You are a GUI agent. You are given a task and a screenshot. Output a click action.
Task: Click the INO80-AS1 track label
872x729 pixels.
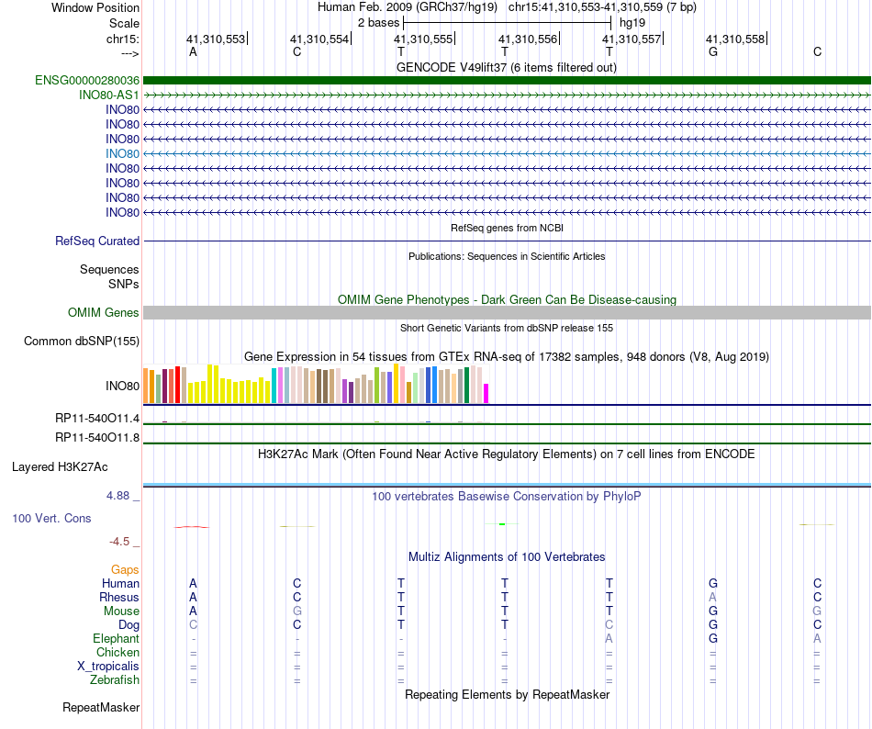point(109,95)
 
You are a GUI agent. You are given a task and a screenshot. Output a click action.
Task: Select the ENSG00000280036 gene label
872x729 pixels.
point(87,80)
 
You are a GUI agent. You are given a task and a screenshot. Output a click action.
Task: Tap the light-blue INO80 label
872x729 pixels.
point(122,153)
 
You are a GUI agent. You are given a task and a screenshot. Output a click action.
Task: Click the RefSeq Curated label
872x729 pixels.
point(97,241)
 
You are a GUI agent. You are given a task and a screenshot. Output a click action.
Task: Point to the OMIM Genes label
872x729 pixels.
point(104,313)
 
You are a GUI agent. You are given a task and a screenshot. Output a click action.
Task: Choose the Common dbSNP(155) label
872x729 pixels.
point(82,342)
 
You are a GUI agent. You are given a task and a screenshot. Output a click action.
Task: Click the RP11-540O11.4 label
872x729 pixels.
point(97,419)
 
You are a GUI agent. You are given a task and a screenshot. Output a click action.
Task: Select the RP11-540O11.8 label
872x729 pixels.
point(97,437)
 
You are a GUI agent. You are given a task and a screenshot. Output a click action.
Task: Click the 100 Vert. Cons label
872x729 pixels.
point(51,518)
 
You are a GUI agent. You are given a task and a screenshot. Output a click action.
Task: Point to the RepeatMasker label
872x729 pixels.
point(101,708)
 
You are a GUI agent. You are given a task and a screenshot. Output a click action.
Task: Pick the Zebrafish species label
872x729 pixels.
point(115,680)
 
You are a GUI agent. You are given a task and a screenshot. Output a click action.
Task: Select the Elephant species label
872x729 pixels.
point(116,638)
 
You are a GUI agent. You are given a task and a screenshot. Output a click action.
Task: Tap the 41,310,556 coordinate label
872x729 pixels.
point(528,39)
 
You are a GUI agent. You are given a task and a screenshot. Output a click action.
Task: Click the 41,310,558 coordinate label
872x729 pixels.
point(735,39)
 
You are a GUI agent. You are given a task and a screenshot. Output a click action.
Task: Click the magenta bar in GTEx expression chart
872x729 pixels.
point(486,393)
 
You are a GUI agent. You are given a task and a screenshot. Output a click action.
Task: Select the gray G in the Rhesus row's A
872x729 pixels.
point(712,597)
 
